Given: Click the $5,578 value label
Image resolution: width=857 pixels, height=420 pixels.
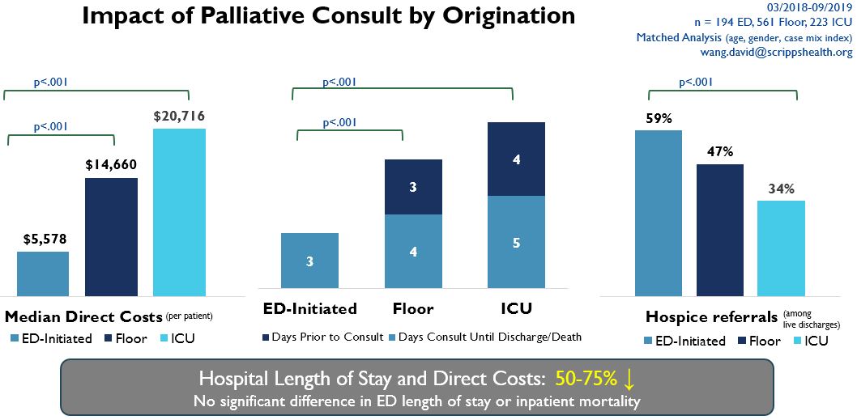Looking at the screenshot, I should pyautogui.click(x=43, y=239).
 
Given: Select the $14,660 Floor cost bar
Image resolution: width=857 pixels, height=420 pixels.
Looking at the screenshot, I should pyautogui.click(x=111, y=236).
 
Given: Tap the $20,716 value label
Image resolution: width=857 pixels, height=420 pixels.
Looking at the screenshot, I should pyautogui.click(x=179, y=117).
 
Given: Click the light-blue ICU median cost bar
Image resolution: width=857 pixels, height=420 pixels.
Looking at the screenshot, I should pyautogui.click(x=179, y=212).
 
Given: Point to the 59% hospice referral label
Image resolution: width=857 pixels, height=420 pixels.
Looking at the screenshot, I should pyautogui.click(x=659, y=119).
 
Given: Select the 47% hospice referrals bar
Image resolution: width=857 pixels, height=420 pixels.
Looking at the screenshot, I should pyautogui.click(x=720, y=230).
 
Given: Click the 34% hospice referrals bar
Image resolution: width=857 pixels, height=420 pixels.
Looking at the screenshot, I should pyautogui.click(x=781, y=248).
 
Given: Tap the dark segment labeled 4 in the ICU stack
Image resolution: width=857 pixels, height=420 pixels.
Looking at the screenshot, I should pyautogui.click(x=516, y=159).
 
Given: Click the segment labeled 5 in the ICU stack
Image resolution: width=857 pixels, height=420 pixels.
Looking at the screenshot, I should pyautogui.click(x=516, y=241).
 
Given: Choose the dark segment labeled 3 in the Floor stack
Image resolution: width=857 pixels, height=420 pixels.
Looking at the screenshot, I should pyautogui.click(x=413, y=187).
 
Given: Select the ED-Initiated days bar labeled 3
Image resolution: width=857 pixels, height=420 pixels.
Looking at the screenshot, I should pyautogui.click(x=310, y=260).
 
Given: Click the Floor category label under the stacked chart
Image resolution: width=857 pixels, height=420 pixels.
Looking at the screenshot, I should pyautogui.click(x=413, y=308).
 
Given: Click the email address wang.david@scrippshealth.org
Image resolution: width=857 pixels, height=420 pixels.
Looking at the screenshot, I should pyautogui.click(x=775, y=53).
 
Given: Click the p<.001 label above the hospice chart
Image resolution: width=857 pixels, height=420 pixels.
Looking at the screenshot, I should pyautogui.click(x=697, y=82).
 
